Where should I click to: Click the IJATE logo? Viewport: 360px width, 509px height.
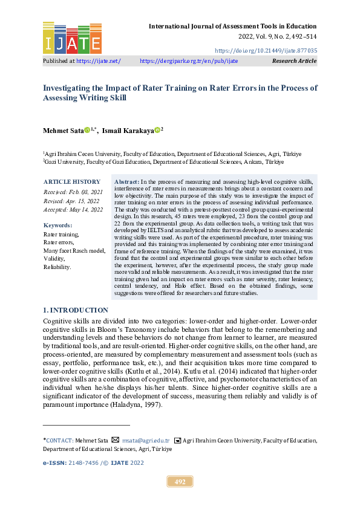(x=71, y=37)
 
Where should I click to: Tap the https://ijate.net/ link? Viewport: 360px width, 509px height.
(x=99, y=61)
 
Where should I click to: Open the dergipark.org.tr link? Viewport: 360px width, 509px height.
(x=189, y=61)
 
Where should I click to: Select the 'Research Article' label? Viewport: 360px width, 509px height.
(x=294, y=61)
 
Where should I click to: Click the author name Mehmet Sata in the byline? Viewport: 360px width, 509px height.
(x=62, y=131)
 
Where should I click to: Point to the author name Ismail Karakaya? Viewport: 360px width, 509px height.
(x=128, y=131)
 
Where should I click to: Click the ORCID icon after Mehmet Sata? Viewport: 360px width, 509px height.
(x=87, y=130)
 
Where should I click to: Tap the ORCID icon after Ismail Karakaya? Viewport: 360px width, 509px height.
(x=157, y=130)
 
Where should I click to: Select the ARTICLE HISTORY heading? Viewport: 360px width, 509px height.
(x=71, y=182)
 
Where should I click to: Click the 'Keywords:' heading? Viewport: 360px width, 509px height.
(x=57, y=225)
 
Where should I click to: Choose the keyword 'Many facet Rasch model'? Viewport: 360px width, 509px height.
(x=74, y=250)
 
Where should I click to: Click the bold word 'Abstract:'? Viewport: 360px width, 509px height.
(x=126, y=181)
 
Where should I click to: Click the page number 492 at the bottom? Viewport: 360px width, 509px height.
(x=180, y=482)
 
